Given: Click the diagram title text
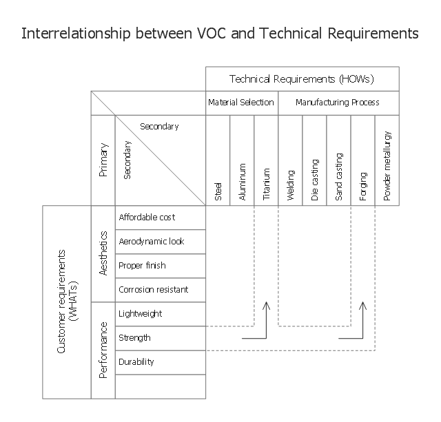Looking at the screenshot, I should (220, 33).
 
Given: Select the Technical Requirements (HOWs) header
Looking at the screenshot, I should (302, 79).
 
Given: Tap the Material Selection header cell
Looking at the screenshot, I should (241, 103).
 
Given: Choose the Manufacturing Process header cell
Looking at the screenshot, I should (338, 103).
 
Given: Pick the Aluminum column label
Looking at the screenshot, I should (243, 182).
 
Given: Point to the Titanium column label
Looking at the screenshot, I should (267, 184).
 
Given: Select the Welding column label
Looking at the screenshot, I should (291, 184).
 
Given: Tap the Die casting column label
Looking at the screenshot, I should (315, 180).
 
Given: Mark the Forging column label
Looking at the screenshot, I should (363, 185).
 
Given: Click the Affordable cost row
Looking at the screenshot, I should (147, 218).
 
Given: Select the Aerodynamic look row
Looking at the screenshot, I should (152, 242).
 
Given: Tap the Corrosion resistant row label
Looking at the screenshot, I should (153, 290).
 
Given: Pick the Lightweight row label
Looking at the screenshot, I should (141, 314).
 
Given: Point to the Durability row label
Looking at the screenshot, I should (136, 362).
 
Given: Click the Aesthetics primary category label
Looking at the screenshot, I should (103, 253).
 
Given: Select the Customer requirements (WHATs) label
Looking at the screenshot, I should (67, 302).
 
